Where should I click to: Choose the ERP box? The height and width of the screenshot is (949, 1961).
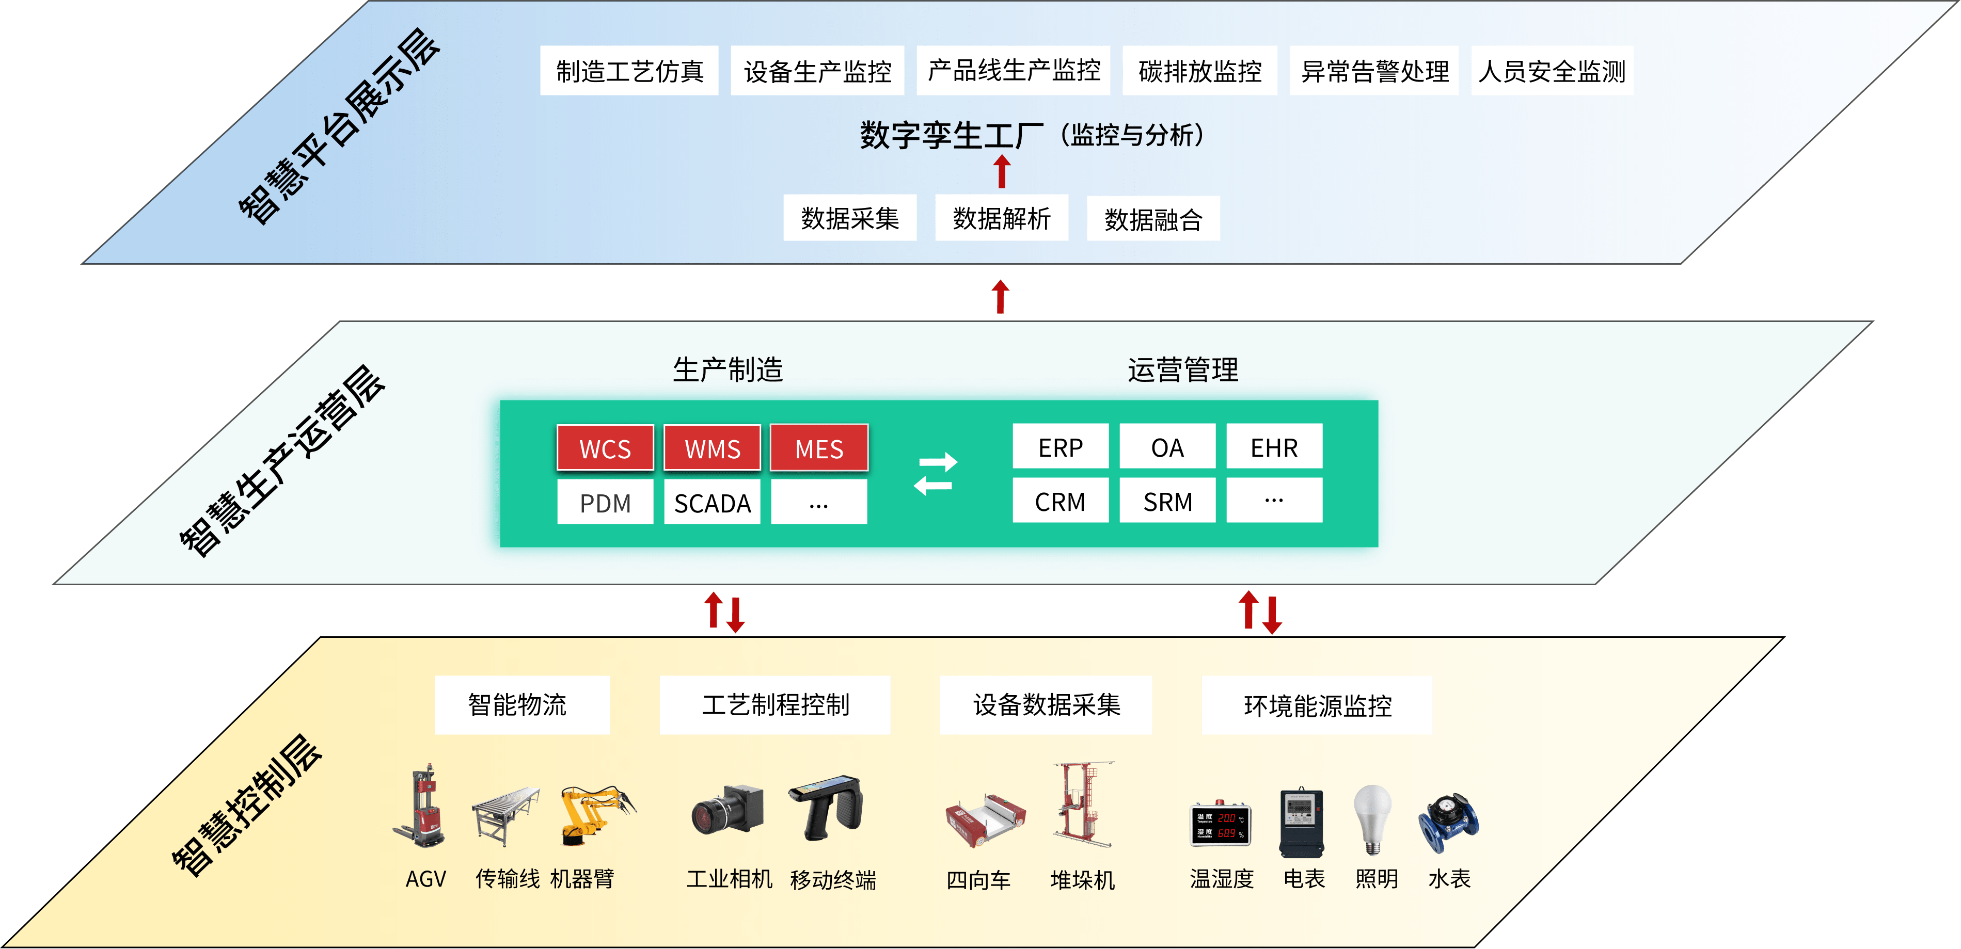[1061, 447]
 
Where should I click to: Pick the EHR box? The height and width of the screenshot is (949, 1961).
[1274, 447]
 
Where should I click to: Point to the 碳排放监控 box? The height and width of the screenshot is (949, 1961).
[1200, 71]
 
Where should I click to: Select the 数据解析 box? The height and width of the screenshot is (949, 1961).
[1002, 218]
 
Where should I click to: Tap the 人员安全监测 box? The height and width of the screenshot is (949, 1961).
[1552, 71]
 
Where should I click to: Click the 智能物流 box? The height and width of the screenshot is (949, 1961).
[522, 705]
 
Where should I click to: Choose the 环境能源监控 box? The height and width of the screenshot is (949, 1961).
[1317, 705]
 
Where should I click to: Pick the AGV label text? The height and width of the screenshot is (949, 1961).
[425, 880]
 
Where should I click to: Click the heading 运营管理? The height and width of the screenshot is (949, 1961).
[1183, 370]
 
